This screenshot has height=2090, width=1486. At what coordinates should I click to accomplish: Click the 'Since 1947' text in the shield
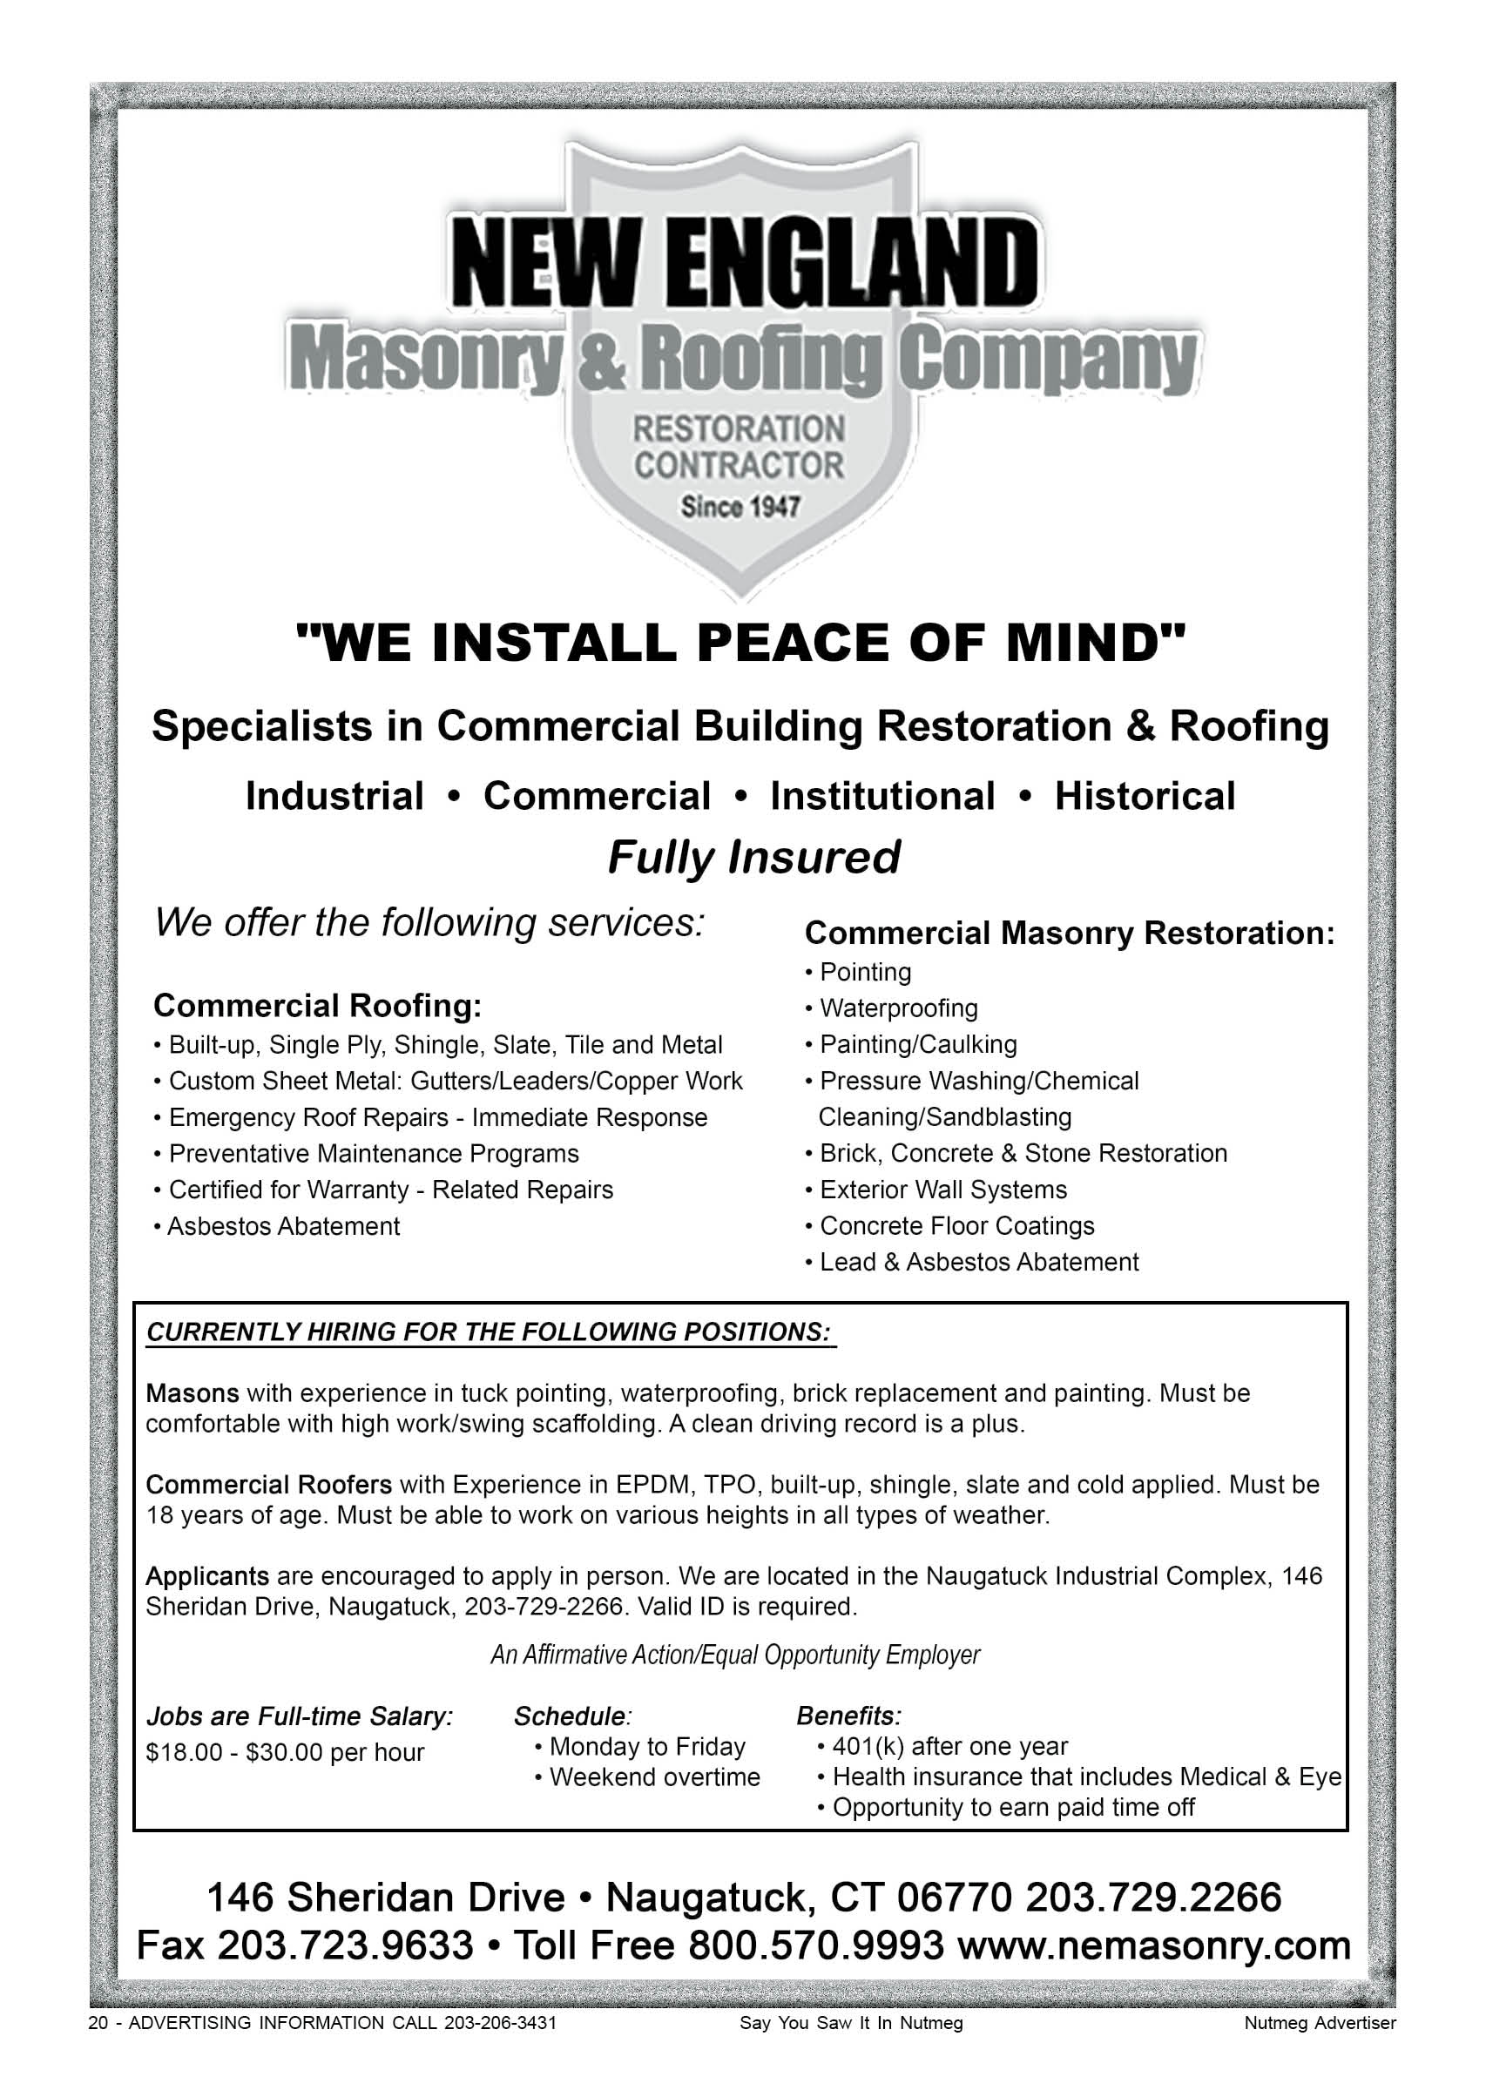click(x=740, y=506)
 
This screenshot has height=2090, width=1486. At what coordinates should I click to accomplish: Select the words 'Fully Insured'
click(x=754, y=858)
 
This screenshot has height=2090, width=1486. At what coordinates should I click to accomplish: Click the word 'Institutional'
click(x=882, y=796)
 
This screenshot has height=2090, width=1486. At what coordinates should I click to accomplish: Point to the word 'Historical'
click(x=1144, y=796)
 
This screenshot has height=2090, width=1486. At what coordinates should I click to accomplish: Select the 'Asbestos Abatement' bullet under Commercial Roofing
click(x=283, y=1225)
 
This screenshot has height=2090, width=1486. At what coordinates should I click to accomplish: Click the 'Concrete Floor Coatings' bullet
click(x=956, y=1225)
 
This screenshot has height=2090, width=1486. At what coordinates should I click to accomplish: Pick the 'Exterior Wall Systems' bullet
click(x=942, y=1189)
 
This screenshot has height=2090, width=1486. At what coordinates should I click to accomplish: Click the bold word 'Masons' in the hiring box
click(x=193, y=1393)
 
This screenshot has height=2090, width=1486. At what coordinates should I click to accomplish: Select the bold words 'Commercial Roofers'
click(x=269, y=1484)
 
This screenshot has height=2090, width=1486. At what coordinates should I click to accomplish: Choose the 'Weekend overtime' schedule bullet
click(x=654, y=1777)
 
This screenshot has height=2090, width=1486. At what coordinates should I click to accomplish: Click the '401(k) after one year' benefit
click(x=949, y=1746)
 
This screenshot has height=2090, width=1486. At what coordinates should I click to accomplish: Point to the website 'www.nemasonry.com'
click(x=1154, y=1945)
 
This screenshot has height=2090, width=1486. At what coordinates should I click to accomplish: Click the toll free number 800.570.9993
click(x=814, y=1945)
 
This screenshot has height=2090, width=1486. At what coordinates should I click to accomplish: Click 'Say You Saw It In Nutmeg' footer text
click(x=851, y=2023)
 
